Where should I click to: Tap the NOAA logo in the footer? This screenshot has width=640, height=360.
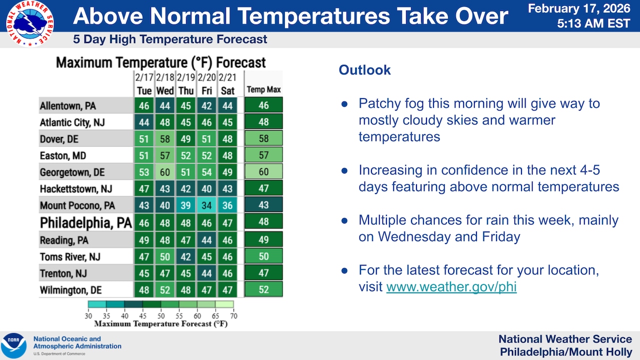(14, 345)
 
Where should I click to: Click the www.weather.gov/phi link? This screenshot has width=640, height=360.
(451, 287)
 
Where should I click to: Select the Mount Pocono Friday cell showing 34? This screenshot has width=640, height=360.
(206, 205)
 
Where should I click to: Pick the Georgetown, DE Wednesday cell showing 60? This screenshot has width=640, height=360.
(164, 172)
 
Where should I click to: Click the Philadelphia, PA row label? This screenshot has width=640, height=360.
(86, 222)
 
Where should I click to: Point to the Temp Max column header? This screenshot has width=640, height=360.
(263, 90)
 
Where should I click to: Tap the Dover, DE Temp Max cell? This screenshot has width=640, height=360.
(263, 138)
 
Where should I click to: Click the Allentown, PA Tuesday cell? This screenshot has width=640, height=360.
(143, 105)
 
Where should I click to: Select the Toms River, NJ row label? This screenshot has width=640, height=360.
(70, 257)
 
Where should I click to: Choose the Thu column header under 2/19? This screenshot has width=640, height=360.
(185, 90)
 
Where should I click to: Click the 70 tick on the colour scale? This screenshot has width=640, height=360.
(233, 316)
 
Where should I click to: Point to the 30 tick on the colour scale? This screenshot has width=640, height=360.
(88, 316)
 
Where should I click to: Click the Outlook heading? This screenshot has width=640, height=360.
(364, 70)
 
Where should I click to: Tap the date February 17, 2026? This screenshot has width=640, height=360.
(579, 8)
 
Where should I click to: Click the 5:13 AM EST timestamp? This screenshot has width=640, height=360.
(594, 23)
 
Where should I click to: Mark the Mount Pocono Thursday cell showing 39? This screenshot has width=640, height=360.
(185, 205)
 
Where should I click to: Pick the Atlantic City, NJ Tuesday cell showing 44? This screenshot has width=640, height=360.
(143, 122)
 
